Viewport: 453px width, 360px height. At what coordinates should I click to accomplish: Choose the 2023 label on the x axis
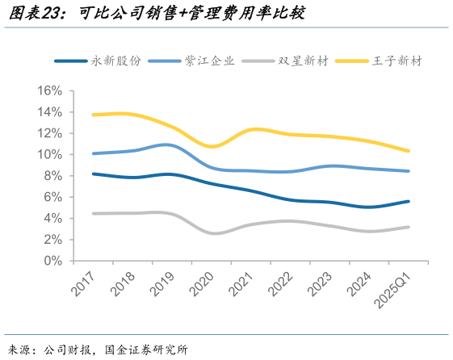click(x=315, y=283)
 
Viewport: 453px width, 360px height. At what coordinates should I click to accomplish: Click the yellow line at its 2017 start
click(x=94, y=115)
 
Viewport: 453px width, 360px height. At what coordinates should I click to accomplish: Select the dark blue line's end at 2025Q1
click(x=409, y=201)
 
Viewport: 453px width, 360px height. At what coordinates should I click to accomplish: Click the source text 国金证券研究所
click(x=146, y=350)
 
